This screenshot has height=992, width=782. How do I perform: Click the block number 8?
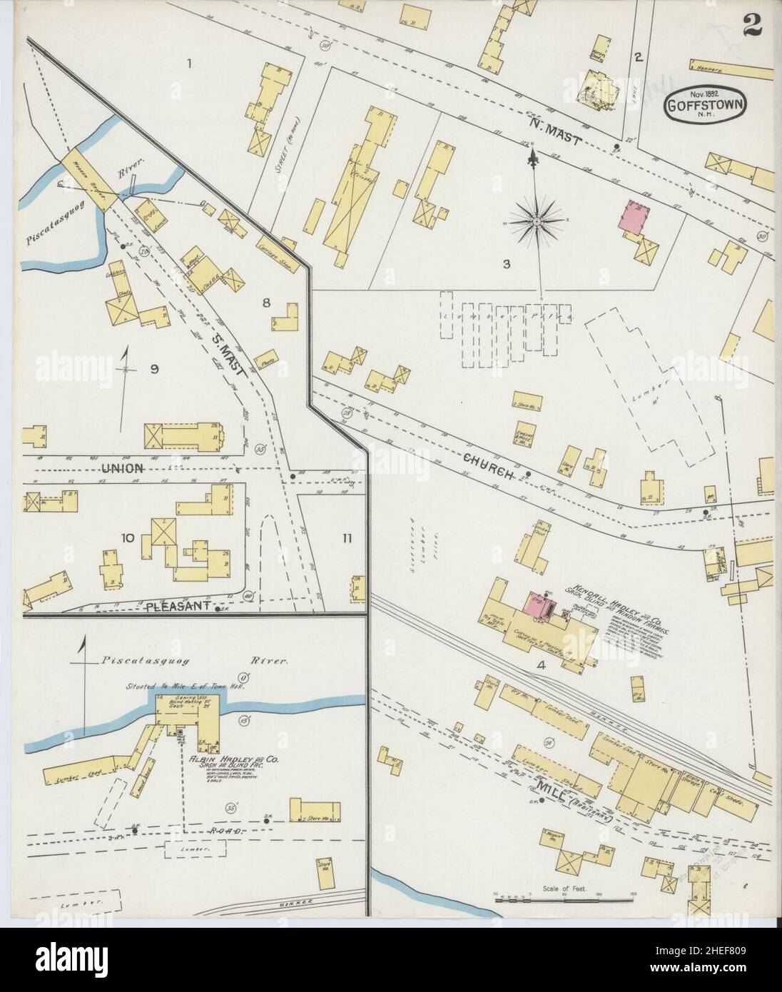point(265,302)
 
